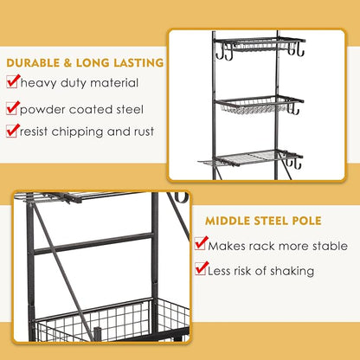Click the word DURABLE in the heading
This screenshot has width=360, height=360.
33,63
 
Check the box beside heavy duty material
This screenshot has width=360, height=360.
12,82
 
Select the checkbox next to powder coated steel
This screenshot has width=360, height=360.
12,108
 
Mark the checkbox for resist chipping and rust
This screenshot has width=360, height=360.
12,131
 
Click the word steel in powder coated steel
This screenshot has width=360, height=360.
130,110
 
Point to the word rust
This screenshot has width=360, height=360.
144,132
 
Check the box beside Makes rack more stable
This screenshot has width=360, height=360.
201,243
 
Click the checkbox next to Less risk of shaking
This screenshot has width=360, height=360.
201,268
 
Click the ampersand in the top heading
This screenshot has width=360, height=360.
67,63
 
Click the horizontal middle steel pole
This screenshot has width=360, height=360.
93,243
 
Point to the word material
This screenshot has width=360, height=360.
114,83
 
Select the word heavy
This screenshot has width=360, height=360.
38,84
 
